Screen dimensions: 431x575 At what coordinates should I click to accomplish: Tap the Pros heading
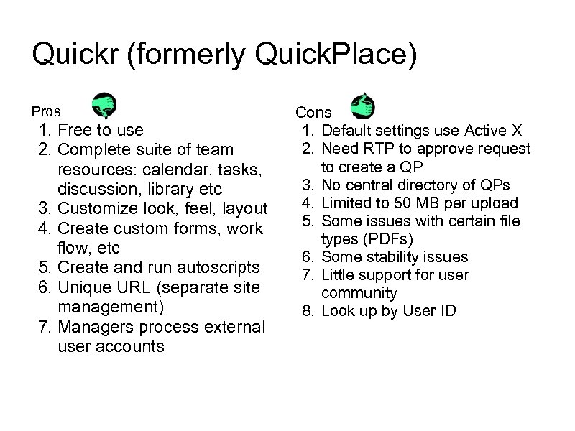pos(46,111)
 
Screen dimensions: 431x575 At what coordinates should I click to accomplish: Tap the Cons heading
pos(313,112)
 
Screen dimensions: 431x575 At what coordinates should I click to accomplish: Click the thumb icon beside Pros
pos(103,106)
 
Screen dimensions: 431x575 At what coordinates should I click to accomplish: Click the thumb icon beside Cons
pos(362,106)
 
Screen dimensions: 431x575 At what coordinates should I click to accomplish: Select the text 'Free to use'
pos(100,130)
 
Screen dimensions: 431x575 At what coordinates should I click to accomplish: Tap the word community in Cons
pos(359,293)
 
